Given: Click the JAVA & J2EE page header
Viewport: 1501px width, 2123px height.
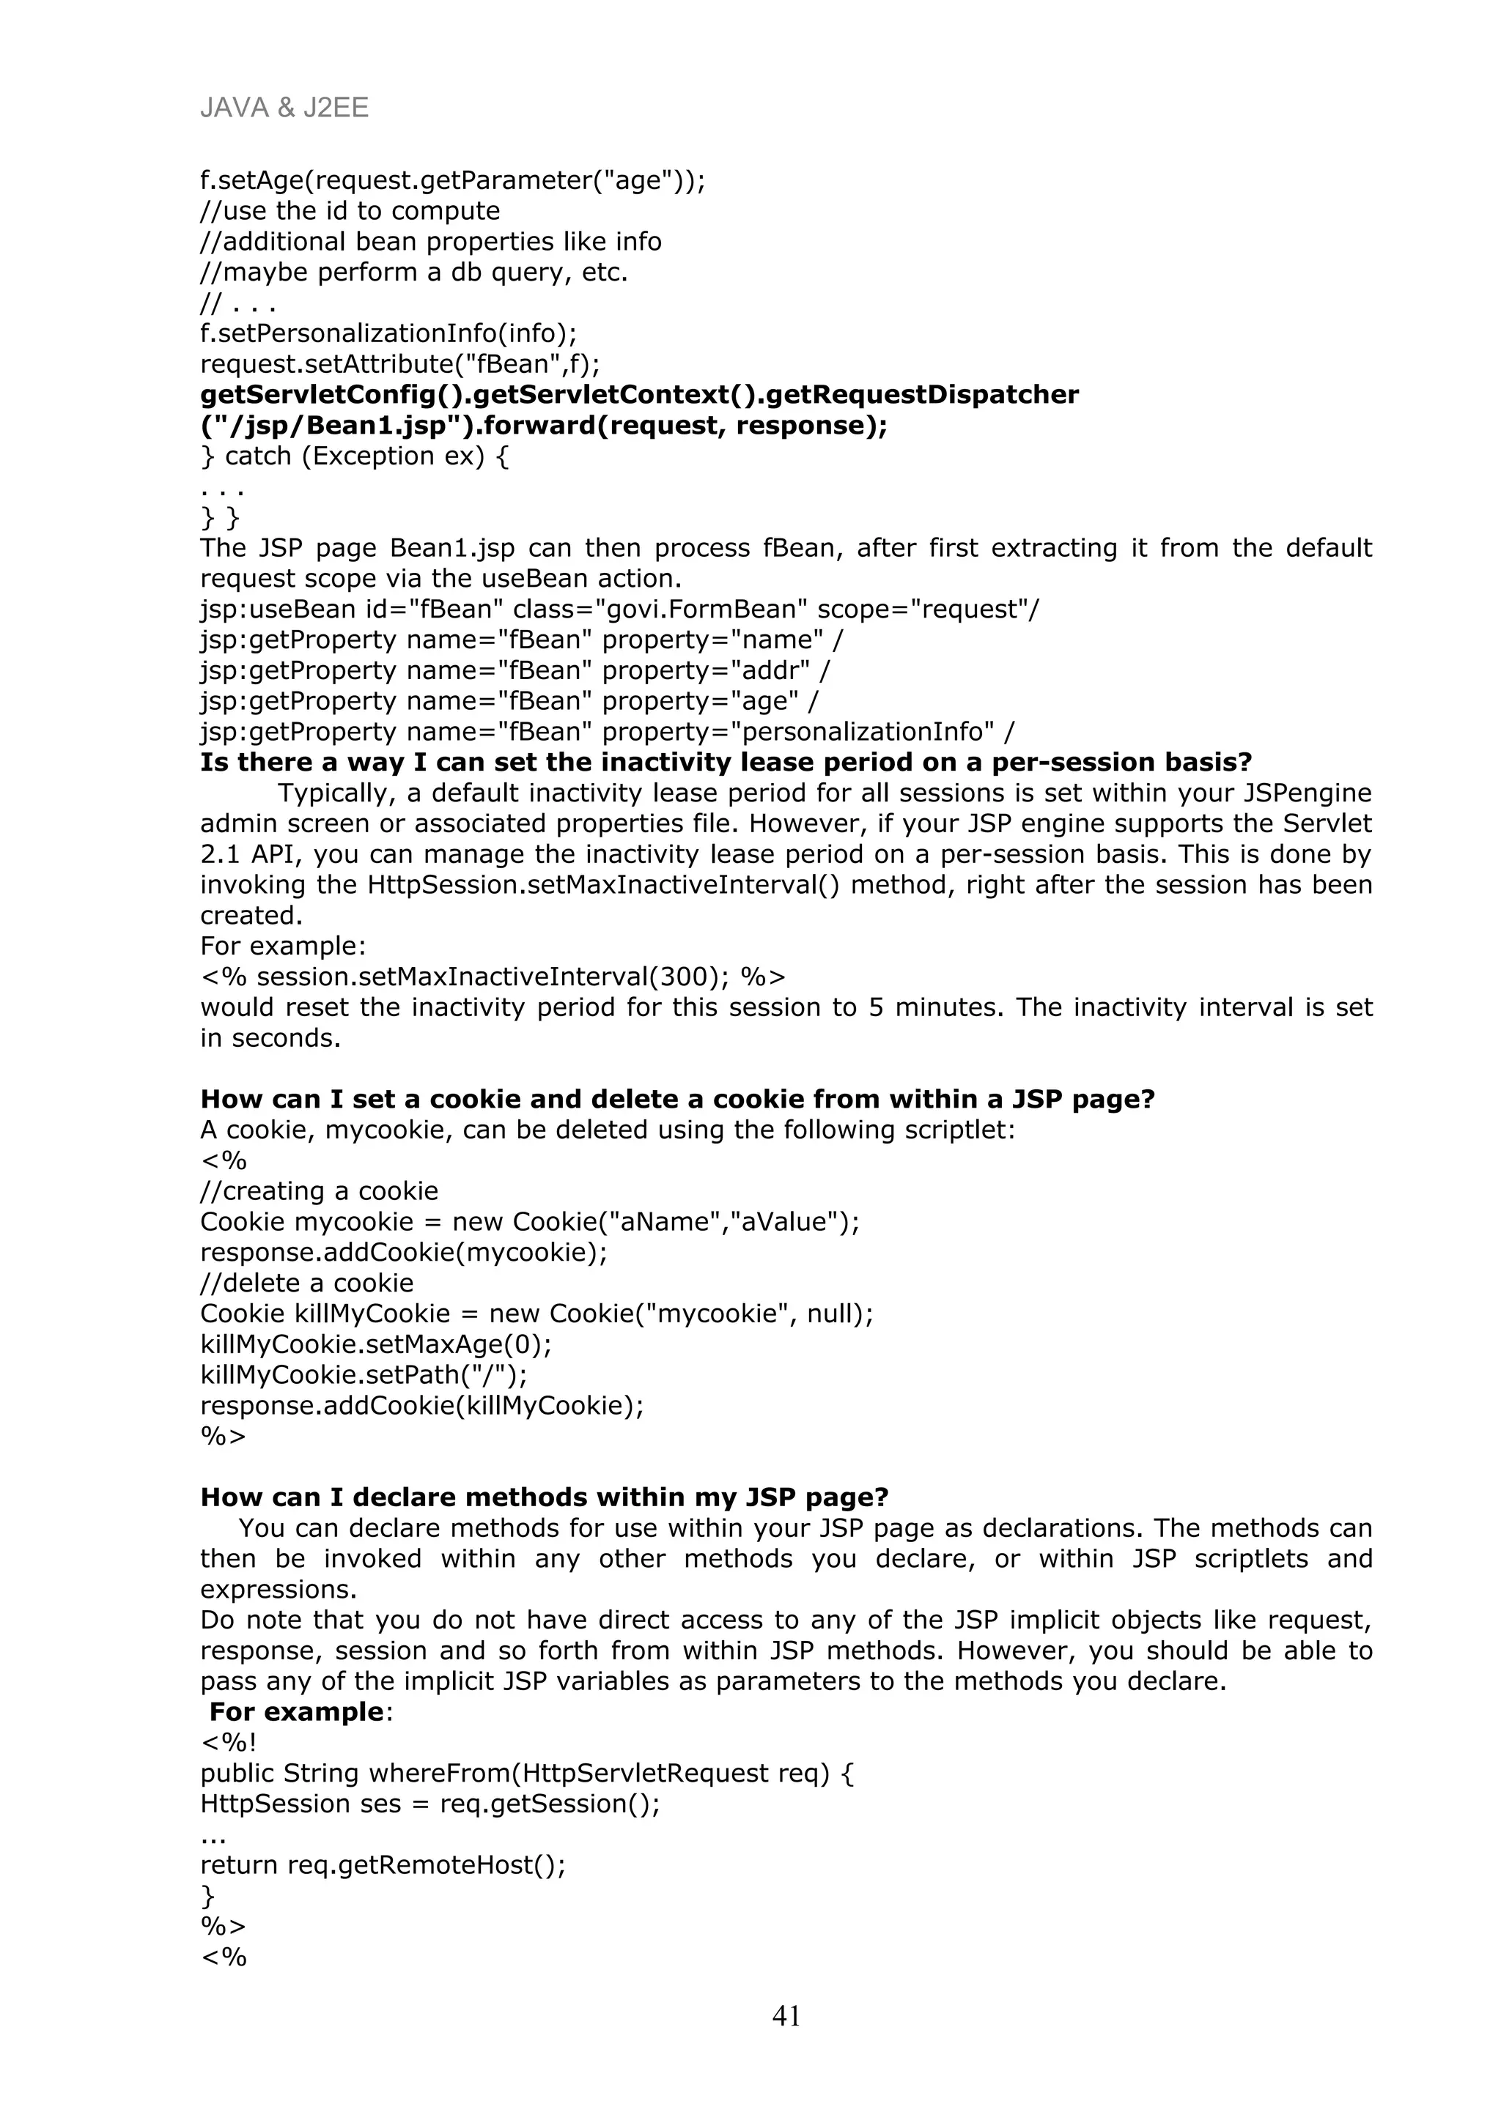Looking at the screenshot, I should click(x=284, y=108).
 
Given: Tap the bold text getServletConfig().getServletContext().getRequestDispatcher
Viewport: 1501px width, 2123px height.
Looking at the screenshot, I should click(x=639, y=395).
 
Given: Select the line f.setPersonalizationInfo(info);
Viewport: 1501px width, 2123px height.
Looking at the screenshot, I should click(x=388, y=333).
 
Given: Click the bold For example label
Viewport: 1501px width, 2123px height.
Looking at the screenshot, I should click(x=296, y=1711).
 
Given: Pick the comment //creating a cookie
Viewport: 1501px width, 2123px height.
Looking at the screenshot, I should click(x=319, y=1191).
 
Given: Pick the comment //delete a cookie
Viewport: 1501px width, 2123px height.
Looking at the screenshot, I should click(x=307, y=1283).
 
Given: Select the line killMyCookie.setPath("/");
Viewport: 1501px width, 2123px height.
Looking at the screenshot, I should click(x=364, y=1374).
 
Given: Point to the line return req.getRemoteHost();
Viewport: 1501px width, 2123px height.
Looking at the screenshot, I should click(x=382, y=1864).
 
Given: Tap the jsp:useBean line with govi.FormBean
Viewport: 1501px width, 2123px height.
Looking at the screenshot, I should click(x=619, y=610).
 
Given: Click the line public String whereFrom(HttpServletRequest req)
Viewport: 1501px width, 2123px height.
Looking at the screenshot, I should click(x=527, y=1773).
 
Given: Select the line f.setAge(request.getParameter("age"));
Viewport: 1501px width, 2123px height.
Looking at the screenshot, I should click(x=452, y=180).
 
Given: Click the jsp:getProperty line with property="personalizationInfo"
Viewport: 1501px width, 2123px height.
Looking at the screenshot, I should click(x=607, y=731).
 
